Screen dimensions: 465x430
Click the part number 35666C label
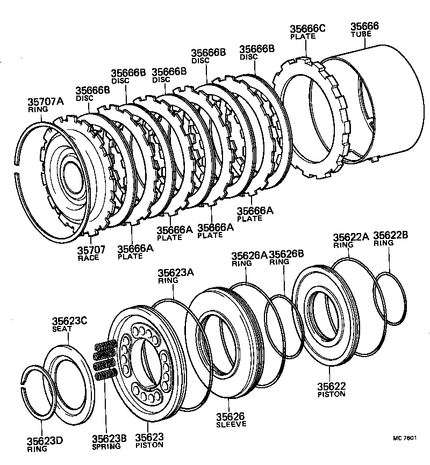coord(308,29)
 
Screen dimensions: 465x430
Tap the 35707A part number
coord(46,101)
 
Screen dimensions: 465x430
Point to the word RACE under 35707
coord(88,258)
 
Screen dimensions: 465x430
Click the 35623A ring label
coord(176,273)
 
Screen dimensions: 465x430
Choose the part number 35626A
coord(249,256)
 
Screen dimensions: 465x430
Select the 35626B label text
coord(286,255)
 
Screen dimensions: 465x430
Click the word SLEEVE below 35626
coord(231,424)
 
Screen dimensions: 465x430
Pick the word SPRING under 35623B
coord(106,446)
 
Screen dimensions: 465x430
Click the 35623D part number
coord(45,441)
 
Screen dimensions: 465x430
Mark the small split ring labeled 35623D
coord(38,392)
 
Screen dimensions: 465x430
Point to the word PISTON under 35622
coord(331,394)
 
